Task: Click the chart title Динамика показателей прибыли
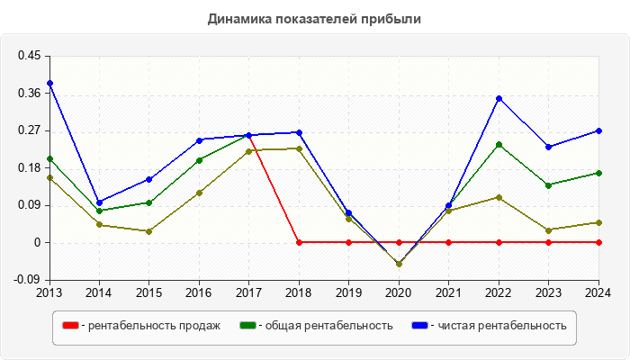tap(314, 18)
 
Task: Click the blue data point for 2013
tap(49, 83)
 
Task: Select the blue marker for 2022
tap(499, 98)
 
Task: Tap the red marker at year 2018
tap(299, 242)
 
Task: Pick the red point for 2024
tap(598, 242)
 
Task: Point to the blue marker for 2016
tap(199, 139)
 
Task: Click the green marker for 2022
tap(499, 144)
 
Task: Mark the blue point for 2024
tap(598, 130)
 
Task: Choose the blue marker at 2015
tap(149, 179)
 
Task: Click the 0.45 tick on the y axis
tap(29, 56)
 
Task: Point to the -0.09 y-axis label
tap(27, 280)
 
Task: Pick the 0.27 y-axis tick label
tap(29, 130)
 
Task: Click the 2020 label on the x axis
tap(399, 292)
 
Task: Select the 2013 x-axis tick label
tap(49, 292)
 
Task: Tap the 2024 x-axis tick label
tap(598, 292)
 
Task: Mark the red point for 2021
tap(449, 242)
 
